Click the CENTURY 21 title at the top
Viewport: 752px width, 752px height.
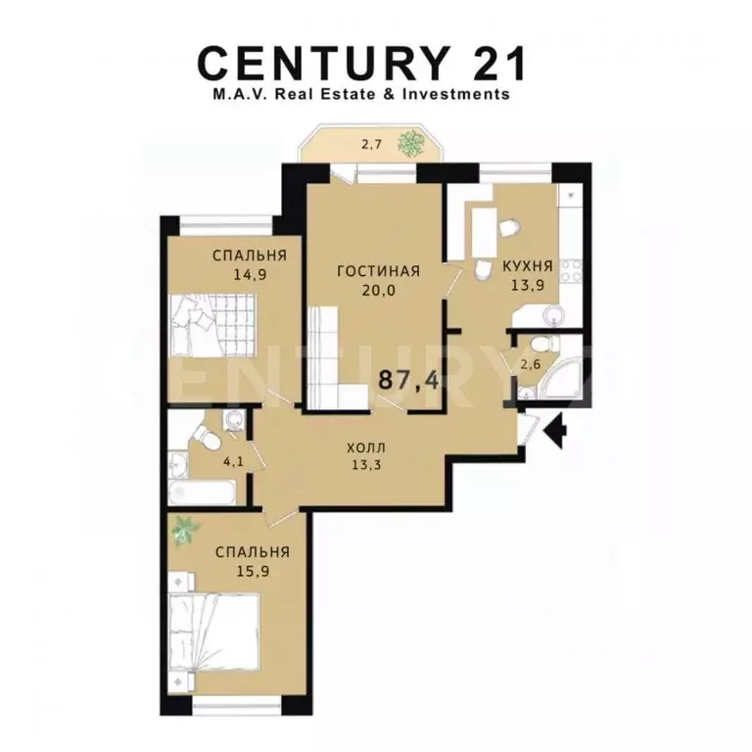pos(363,64)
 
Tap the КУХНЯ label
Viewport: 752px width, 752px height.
pos(528,265)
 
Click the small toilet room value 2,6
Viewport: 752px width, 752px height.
pos(531,364)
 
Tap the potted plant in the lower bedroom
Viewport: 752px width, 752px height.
pos(183,532)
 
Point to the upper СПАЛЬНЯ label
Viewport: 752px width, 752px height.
pos(242,257)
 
